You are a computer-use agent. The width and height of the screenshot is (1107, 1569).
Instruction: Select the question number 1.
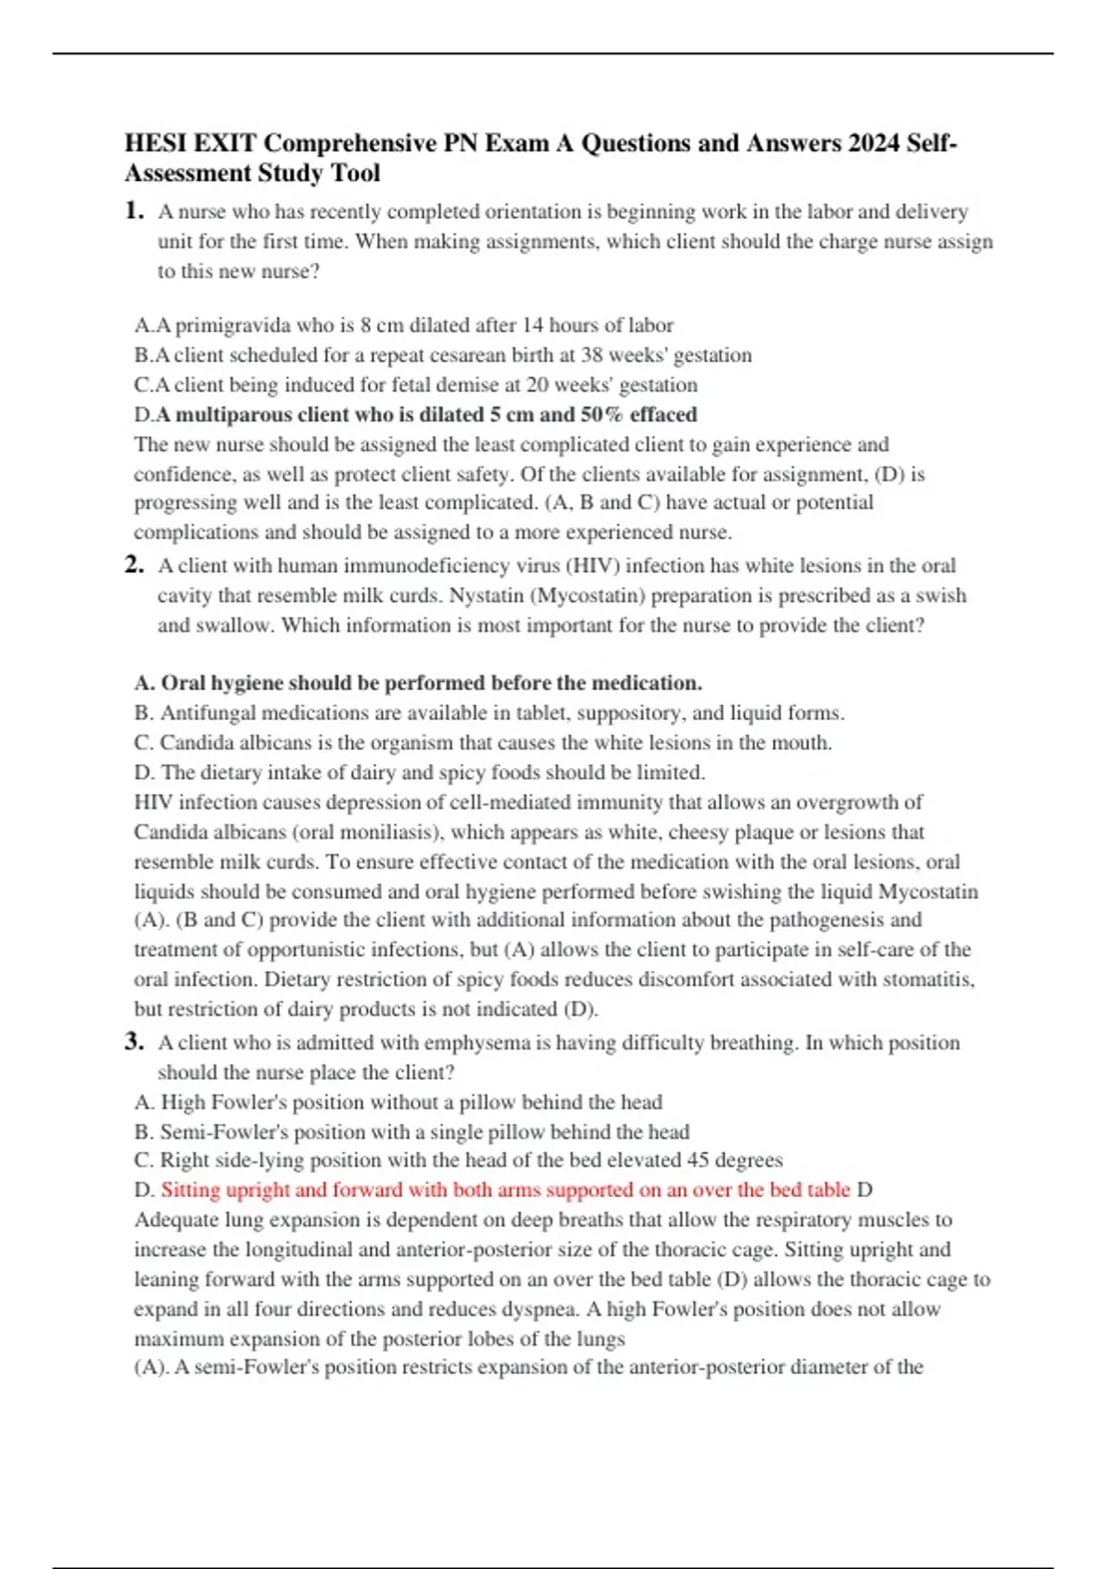(x=134, y=210)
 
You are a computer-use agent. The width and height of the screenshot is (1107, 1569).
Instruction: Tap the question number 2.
(x=134, y=565)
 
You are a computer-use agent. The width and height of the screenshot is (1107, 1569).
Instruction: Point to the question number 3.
(x=134, y=1041)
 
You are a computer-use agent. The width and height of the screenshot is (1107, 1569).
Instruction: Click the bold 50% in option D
(x=601, y=414)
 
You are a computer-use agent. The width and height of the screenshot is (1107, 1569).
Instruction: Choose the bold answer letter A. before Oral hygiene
(x=144, y=683)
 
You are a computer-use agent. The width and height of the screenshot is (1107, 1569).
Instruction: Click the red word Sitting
(x=191, y=1190)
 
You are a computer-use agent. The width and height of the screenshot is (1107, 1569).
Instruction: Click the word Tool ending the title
(x=356, y=173)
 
